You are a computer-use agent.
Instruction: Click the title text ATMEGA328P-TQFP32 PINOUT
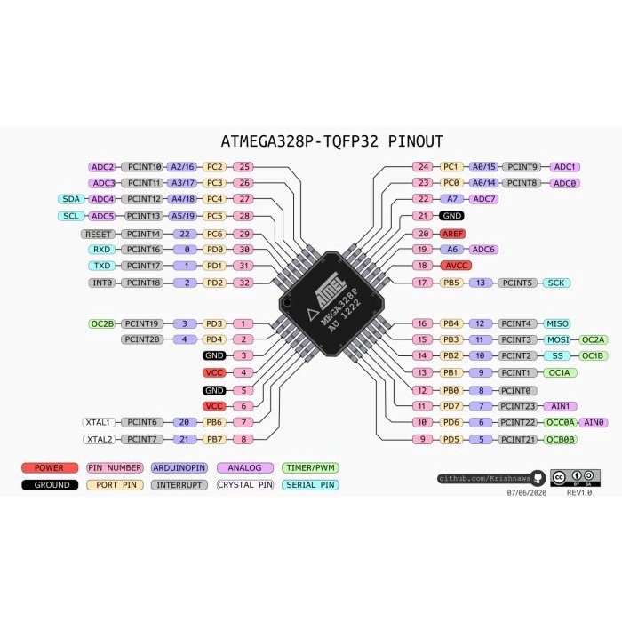click(331, 141)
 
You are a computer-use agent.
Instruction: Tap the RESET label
click(98, 233)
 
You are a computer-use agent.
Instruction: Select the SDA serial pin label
click(71, 199)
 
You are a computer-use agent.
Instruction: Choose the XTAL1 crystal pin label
click(98, 422)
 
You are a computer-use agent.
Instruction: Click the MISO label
click(557, 323)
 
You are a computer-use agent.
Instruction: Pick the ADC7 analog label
click(484, 199)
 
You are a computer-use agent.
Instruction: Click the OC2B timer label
click(102, 323)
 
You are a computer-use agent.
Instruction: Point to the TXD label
click(102, 266)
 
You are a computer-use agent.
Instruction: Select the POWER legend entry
click(50, 467)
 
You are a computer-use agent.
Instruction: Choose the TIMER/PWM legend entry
click(309, 467)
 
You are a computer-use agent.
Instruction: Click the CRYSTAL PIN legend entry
click(245, 485)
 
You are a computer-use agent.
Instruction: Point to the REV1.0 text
click(579, 492)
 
